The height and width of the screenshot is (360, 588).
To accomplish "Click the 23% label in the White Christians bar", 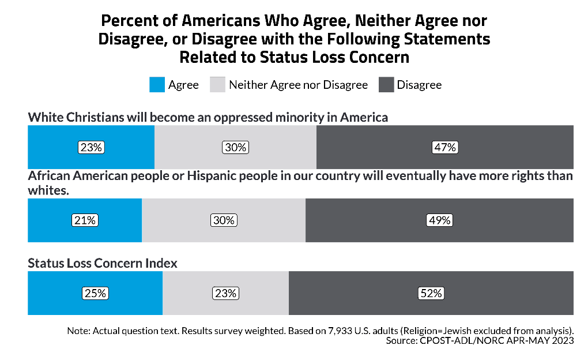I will [x=91, y=147].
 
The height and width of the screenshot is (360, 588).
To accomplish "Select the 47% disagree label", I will [x=444, y=147].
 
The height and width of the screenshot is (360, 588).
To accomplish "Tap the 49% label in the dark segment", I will [x=439, y=220].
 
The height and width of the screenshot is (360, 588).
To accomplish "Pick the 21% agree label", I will [x=85, y=220].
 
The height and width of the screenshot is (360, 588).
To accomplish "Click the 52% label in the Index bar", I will [x=430, y=293].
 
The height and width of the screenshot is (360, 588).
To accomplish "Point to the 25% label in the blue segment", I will [x=95, y=293].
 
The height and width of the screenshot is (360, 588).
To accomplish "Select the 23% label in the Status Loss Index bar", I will [x=225, y=293].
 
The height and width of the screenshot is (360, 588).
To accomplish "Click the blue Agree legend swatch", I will [x=157, y=85].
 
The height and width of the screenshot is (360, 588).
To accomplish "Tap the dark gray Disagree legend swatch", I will [x=386, y=85].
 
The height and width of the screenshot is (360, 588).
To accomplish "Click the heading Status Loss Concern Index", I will [x=103, y=263].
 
